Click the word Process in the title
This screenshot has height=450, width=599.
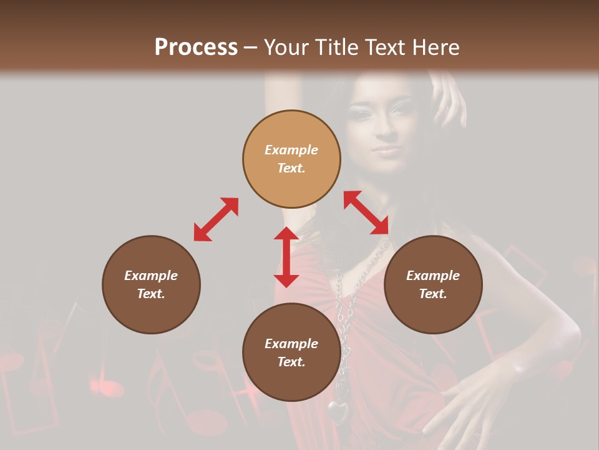[196, 47]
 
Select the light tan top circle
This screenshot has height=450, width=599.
[291, 159]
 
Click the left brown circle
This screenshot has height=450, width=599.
[151, 284]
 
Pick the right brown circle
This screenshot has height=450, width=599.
[433, 284]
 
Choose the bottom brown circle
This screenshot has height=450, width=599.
[291, 352]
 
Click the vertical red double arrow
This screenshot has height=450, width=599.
[286, 257]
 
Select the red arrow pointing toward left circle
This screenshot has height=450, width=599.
[216, 219]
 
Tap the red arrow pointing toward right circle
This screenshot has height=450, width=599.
[366, 213]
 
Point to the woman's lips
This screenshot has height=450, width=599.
[386, 151]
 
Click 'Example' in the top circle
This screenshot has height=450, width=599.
[291, 150]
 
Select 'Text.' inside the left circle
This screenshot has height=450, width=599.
[151, 294]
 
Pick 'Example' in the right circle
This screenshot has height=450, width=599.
[433, 276]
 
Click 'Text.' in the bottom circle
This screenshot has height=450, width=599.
[291, 362]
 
